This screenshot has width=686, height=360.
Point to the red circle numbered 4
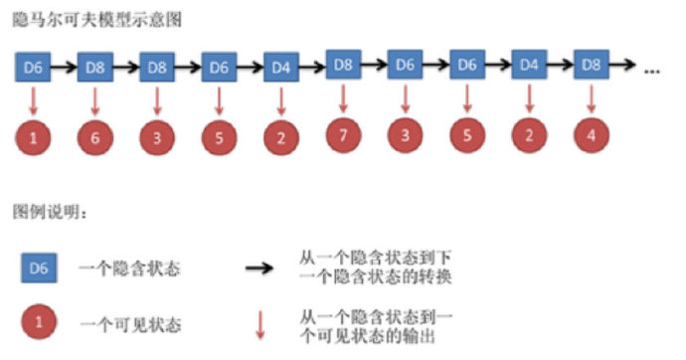point(592,135)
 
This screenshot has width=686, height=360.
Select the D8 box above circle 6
point(95,68)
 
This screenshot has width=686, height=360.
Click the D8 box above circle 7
point(342,65)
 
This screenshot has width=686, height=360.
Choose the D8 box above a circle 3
point(157,68)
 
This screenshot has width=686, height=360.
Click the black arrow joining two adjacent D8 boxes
point(126,68)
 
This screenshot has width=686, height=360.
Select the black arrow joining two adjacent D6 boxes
point(435,66)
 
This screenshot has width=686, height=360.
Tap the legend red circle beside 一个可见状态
point(37,323)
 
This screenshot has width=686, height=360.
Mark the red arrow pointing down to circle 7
point(342,96)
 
